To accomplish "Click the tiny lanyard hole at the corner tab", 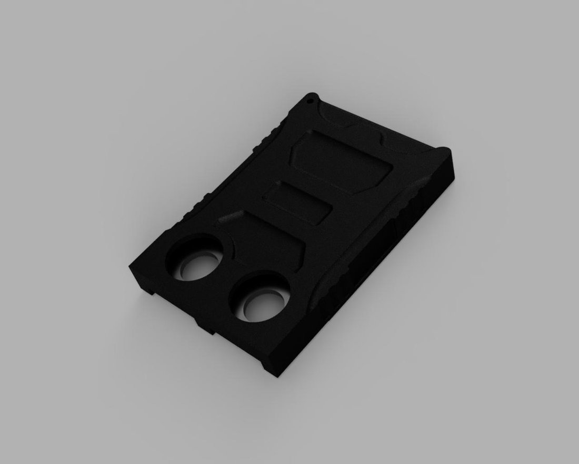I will (311, 98).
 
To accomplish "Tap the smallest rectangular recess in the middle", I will (297, 203).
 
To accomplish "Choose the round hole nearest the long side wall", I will (260, 301).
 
